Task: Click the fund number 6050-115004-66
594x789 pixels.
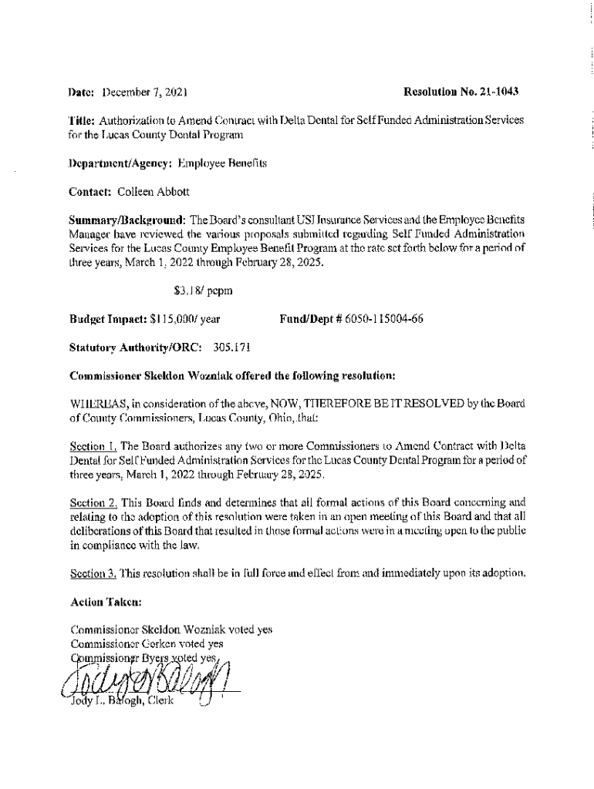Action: (381, 318)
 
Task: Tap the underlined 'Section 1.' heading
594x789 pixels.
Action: (93, 446)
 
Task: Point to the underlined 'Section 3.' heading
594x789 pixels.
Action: (93, 574)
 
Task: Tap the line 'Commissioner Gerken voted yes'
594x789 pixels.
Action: (147, 643)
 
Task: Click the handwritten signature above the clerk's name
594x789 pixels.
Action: (147, 678)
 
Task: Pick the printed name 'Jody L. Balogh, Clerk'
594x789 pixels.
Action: (120, 701)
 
